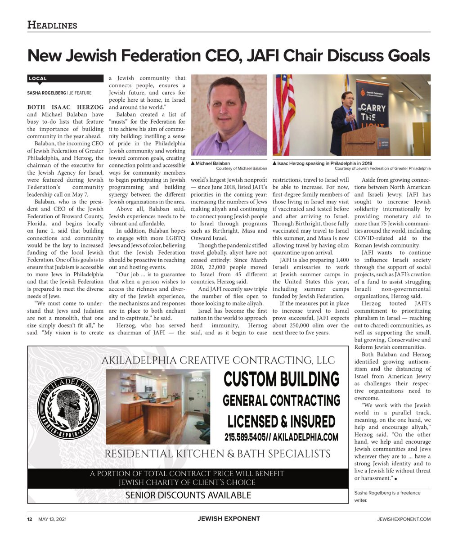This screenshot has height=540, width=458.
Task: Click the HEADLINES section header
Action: click(52, 25)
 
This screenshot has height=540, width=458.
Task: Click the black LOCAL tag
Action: click(38, 79)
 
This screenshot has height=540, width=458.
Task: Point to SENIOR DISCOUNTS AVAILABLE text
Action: click(188, 495)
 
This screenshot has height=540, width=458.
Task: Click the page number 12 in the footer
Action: click(29, 519)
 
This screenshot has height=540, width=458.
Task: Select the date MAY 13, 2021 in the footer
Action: click(52, 519)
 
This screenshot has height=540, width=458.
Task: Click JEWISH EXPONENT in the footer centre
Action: click(229, 518)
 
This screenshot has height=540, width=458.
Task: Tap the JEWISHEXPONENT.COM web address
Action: click(404, 519)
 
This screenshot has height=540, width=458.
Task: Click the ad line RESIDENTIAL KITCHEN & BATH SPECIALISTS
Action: click(217, 454)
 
